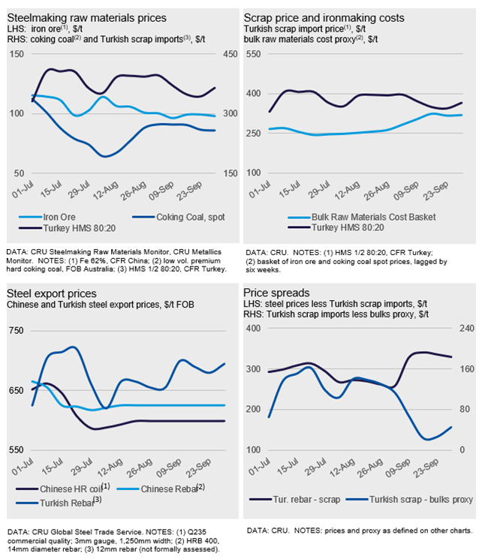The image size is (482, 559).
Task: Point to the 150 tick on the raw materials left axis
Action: [x=16, y=54]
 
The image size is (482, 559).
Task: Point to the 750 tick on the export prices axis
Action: [x=16, y=331]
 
